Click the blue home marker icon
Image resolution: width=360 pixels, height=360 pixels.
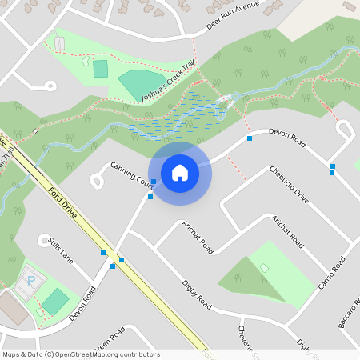[x=180, y=172]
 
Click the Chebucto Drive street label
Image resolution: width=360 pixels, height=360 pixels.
[x=289, y=182]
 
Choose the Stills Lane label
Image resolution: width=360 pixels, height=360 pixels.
[x=60, y=250]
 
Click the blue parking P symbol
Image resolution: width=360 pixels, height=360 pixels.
[x=31, y=280]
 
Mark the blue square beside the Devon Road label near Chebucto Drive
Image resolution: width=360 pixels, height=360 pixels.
[x=250, y=138]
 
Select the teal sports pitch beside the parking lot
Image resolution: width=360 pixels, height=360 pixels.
[x=55, y=302]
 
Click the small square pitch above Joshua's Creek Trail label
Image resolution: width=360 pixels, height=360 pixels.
[x=100, y=69]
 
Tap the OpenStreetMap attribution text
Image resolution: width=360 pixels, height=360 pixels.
[x=81, y=354]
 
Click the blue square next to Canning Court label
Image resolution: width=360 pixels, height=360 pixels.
[x=154, y=181]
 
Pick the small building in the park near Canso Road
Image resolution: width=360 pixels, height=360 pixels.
[x=264, y=267]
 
